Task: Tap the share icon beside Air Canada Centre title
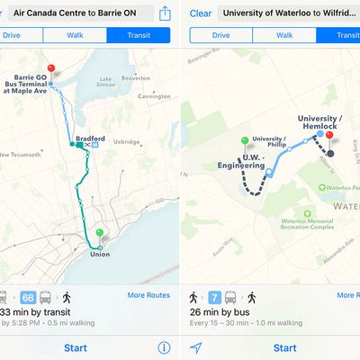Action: coord(165,13)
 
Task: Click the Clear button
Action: coord(200,13)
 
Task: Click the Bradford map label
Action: coord(91,139)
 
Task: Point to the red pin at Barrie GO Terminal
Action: coord(51,69)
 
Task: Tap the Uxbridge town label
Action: coord(127,141)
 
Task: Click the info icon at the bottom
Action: coord(164,347)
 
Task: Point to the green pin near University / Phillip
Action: coord(245,141)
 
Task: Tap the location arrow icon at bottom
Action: coord(196,347)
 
